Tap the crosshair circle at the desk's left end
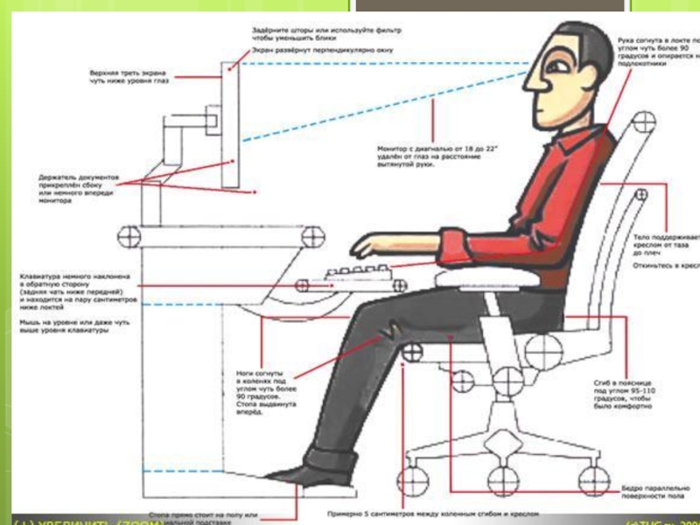(x=129, y=234)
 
